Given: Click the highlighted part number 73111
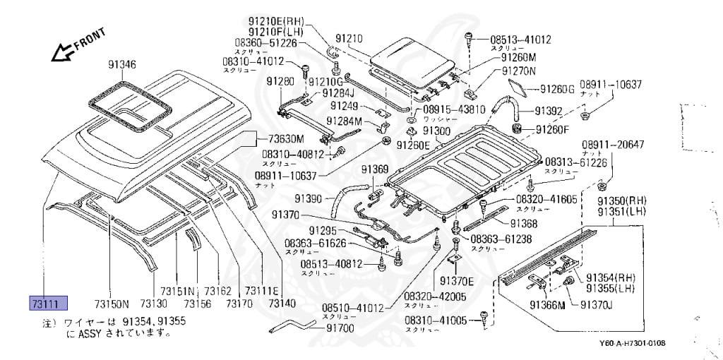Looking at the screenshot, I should click(47, 303).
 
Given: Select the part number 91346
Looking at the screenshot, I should click(121, 65).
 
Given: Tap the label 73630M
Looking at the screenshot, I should click(285, 138).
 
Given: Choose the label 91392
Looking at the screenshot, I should click(548, 111).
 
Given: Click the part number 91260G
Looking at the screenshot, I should click(557, 89).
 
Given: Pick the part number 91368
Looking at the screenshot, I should click(524, 223).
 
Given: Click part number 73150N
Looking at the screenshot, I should click(112, 304).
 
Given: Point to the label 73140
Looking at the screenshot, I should click(282, 304).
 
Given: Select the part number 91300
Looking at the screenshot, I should click(436, 131).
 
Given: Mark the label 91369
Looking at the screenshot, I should click(375, 169).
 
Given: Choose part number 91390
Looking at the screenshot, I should click(307, 199).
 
